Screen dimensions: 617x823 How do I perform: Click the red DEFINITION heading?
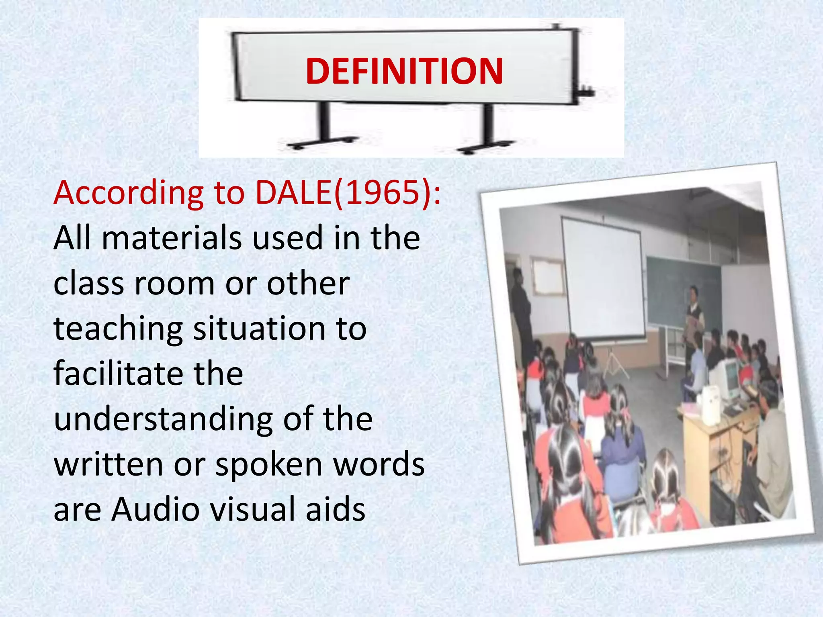coord(404,71)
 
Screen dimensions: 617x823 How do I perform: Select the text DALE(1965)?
coord(348,193)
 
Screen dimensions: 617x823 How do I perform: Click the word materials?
coord(172,238)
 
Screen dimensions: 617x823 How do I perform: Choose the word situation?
coord(259,329)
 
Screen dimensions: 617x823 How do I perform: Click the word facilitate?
coord(118,374)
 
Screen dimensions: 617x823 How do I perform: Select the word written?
coord(108,464)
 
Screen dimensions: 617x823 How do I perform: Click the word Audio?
coord(156,509)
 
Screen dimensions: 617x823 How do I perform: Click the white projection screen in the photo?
coord(603,281)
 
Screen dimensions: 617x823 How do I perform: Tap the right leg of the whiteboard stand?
coord(488,129)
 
